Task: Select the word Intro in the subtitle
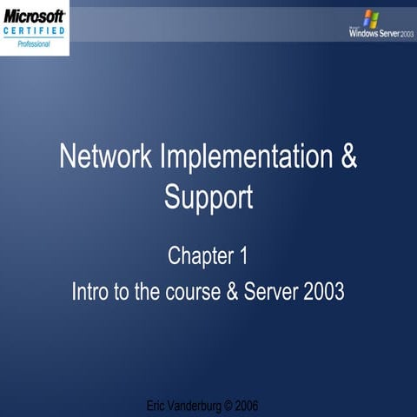tap(94, 291)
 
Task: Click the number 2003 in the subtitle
tap(325, 291)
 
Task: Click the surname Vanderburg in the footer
tap(199, 406)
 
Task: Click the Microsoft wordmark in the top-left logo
tap(34, 17)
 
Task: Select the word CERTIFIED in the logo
tap(34, 31)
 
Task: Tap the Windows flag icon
tap(371, 18)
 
